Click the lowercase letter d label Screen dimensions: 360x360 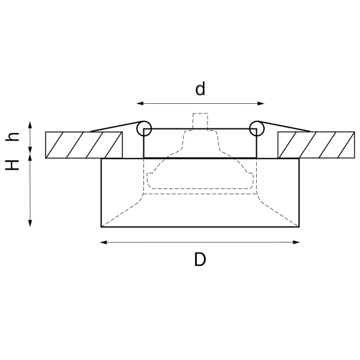[200, 89]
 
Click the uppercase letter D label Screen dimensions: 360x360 [200, 260]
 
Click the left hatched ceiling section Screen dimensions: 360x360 [84, 145]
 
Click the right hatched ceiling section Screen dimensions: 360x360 [316, 145]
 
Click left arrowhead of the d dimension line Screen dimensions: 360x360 [139, 103]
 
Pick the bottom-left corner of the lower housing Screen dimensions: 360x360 [101, 226]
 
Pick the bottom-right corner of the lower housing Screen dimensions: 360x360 [299, 226]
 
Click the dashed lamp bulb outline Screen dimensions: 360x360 [200, 174]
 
